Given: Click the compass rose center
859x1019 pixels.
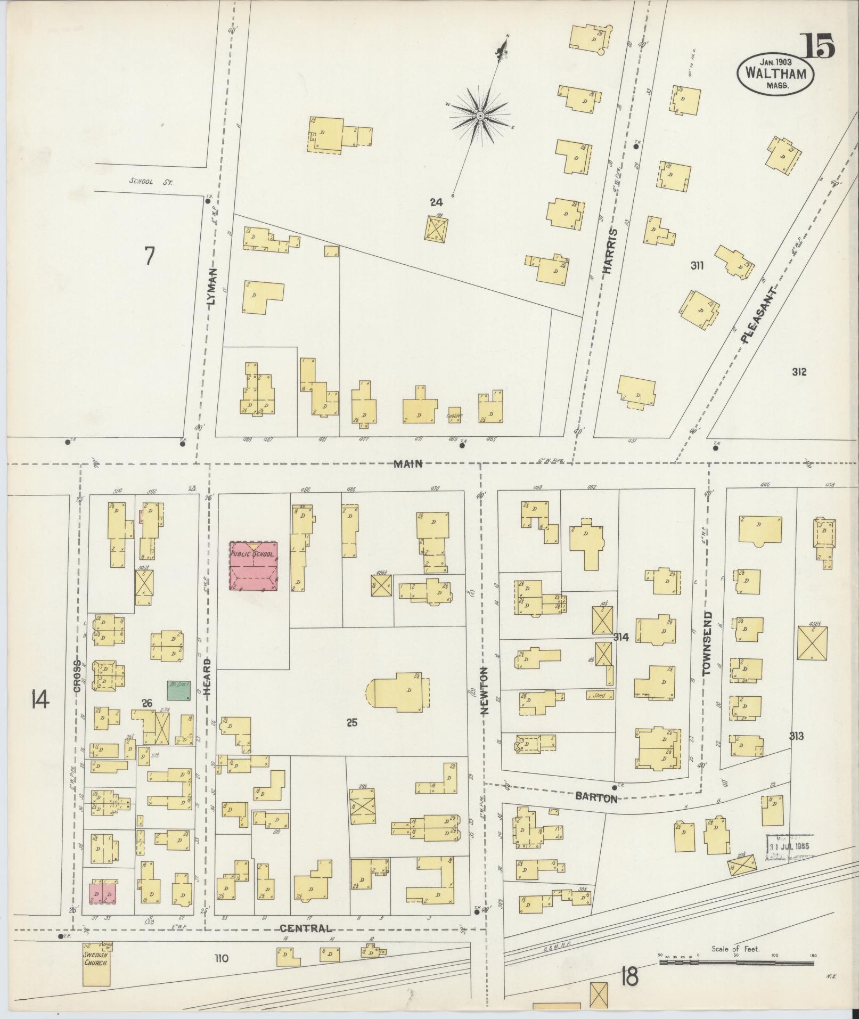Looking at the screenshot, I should coord(480,116).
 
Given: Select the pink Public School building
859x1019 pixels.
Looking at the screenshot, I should coord(253,565).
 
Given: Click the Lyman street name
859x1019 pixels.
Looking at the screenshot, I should coord(212,286).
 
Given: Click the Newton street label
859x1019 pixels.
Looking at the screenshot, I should coord(485,690).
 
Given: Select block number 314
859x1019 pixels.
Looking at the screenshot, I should coord(621,637).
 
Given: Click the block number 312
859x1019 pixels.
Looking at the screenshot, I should coord(799,372).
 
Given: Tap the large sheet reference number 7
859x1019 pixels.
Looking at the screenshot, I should coord(150,256).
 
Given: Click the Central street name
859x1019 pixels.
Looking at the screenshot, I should coord(305,928).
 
